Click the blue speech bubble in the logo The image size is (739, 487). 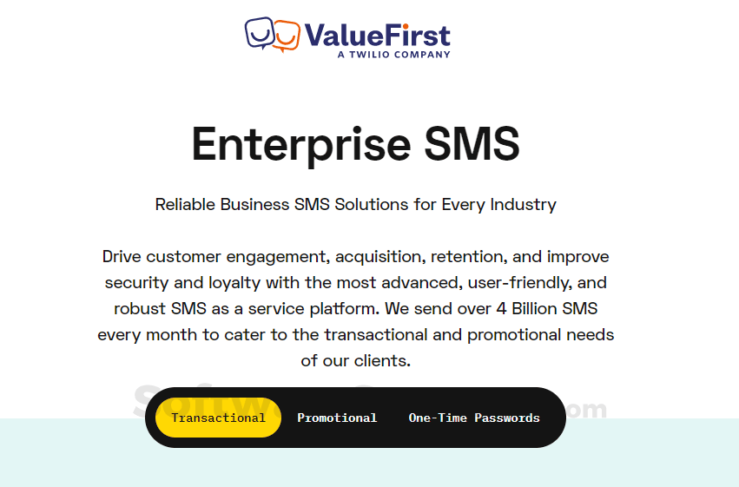pos(259,33)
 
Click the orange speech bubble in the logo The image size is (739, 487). pos(287,35)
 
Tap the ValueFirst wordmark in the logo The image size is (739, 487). pos(377,35)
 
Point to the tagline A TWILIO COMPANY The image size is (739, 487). pos(393,55)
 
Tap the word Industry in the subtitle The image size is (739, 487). pos(524,205)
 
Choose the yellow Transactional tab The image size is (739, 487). pos(218,418)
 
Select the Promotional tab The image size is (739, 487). pos(337,418)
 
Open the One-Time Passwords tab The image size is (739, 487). pos(474,418)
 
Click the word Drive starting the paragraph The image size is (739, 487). pos(122,257)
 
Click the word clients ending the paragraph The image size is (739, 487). pos(379,361)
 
